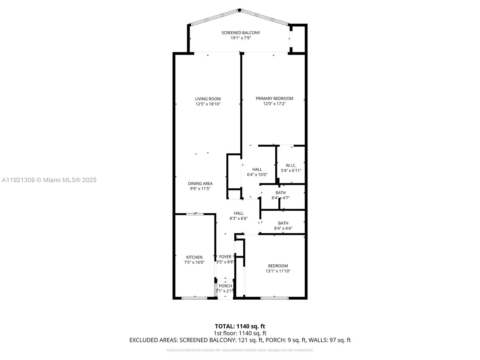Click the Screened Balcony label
click(x=241, y=33)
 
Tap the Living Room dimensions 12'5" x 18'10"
click(x=208, y=104)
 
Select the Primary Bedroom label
click(x=274, y=98)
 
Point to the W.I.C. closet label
click(x=291, y=165)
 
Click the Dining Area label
click(x=200, y=184)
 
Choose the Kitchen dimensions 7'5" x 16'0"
click(x=194, y=262)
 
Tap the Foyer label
click(x=225, y=257)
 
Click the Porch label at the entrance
click(x=225, y=286)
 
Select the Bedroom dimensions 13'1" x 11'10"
click(x=278, y=271)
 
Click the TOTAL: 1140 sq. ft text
click(x=240, y=326)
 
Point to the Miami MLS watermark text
click(x=49, y=180)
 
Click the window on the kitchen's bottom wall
click(x=194, y=298)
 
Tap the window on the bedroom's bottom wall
click(x=274, y=298)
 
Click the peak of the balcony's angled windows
click(x=239, y=10)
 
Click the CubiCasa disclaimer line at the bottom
click(x=240, y=350)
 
